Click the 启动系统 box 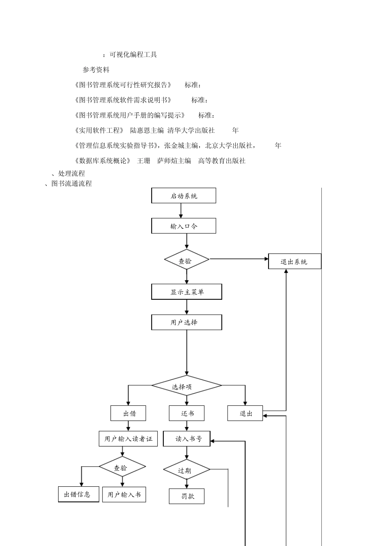click(x=184, y=196)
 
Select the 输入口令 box click(x=184, y=226)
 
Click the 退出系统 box click(x=295, y=262)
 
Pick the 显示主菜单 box click(x=187, y=292)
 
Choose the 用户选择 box click(x=186, y=322)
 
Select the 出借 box click(x=128, y=414)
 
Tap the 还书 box click(x=186, y=414)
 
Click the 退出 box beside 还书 click(x=245, y=414)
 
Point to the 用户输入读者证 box click(x=128, y=439)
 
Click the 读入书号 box click(x=186, y=439)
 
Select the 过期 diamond click(x=186, y=470)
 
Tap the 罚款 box click(x=186, y=496)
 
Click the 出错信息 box click(x=78, y=494)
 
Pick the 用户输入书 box click(x=124, y=494)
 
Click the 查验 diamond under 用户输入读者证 click(x=122, y=468)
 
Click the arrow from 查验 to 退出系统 click(x=239, y=259)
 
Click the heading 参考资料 click(x=96, y=70)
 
